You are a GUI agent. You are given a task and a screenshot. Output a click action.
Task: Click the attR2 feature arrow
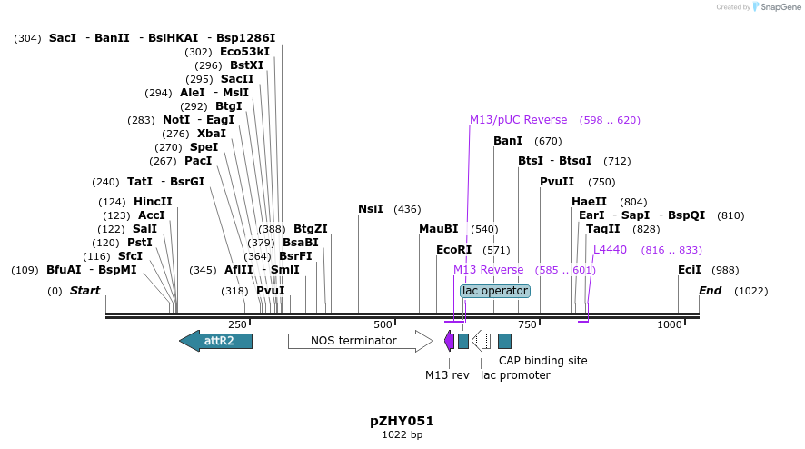pyautogui.click(x=216, y=341)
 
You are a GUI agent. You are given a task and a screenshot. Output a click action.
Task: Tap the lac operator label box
pyautogui.click(x=495, y=291)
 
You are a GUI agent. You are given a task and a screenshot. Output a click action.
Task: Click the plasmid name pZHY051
pyautogui.click(x=402, y=421)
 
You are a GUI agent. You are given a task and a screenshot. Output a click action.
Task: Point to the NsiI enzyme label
pyautogui.click(x=371, y=209)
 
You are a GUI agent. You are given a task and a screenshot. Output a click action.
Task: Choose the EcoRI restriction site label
pyautogui.click(x=453, y=250)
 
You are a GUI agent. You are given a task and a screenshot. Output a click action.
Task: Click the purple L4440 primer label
pyautogui.click(x=610, y=250)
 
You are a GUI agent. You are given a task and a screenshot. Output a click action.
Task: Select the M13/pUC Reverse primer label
pyautogui.click(x=518, y=120)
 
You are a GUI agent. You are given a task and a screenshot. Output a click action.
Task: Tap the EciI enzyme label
pyautogui.click(x=690, y=270)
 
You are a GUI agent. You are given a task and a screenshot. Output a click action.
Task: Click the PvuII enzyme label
pyautogui.click(x=557, y=182)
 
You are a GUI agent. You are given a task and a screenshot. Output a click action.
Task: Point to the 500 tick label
pyautogui.click(x=383, y=324)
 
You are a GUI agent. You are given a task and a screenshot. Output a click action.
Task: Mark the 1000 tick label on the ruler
pyautogui.click(x=670, y=324)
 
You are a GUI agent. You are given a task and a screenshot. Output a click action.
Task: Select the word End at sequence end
pyautogui.click(x=710, y=291)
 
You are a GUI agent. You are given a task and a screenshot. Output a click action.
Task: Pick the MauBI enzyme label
pyautogui.click(x=439, y=229)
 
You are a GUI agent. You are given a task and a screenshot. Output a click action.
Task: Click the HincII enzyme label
pyautogui.click(x=153, y=202)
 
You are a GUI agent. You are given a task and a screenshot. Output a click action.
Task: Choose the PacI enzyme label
pyautogui.click(x=198, y=161)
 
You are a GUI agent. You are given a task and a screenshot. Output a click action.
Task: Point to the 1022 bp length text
pyautogui.click(x=402, y=435)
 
